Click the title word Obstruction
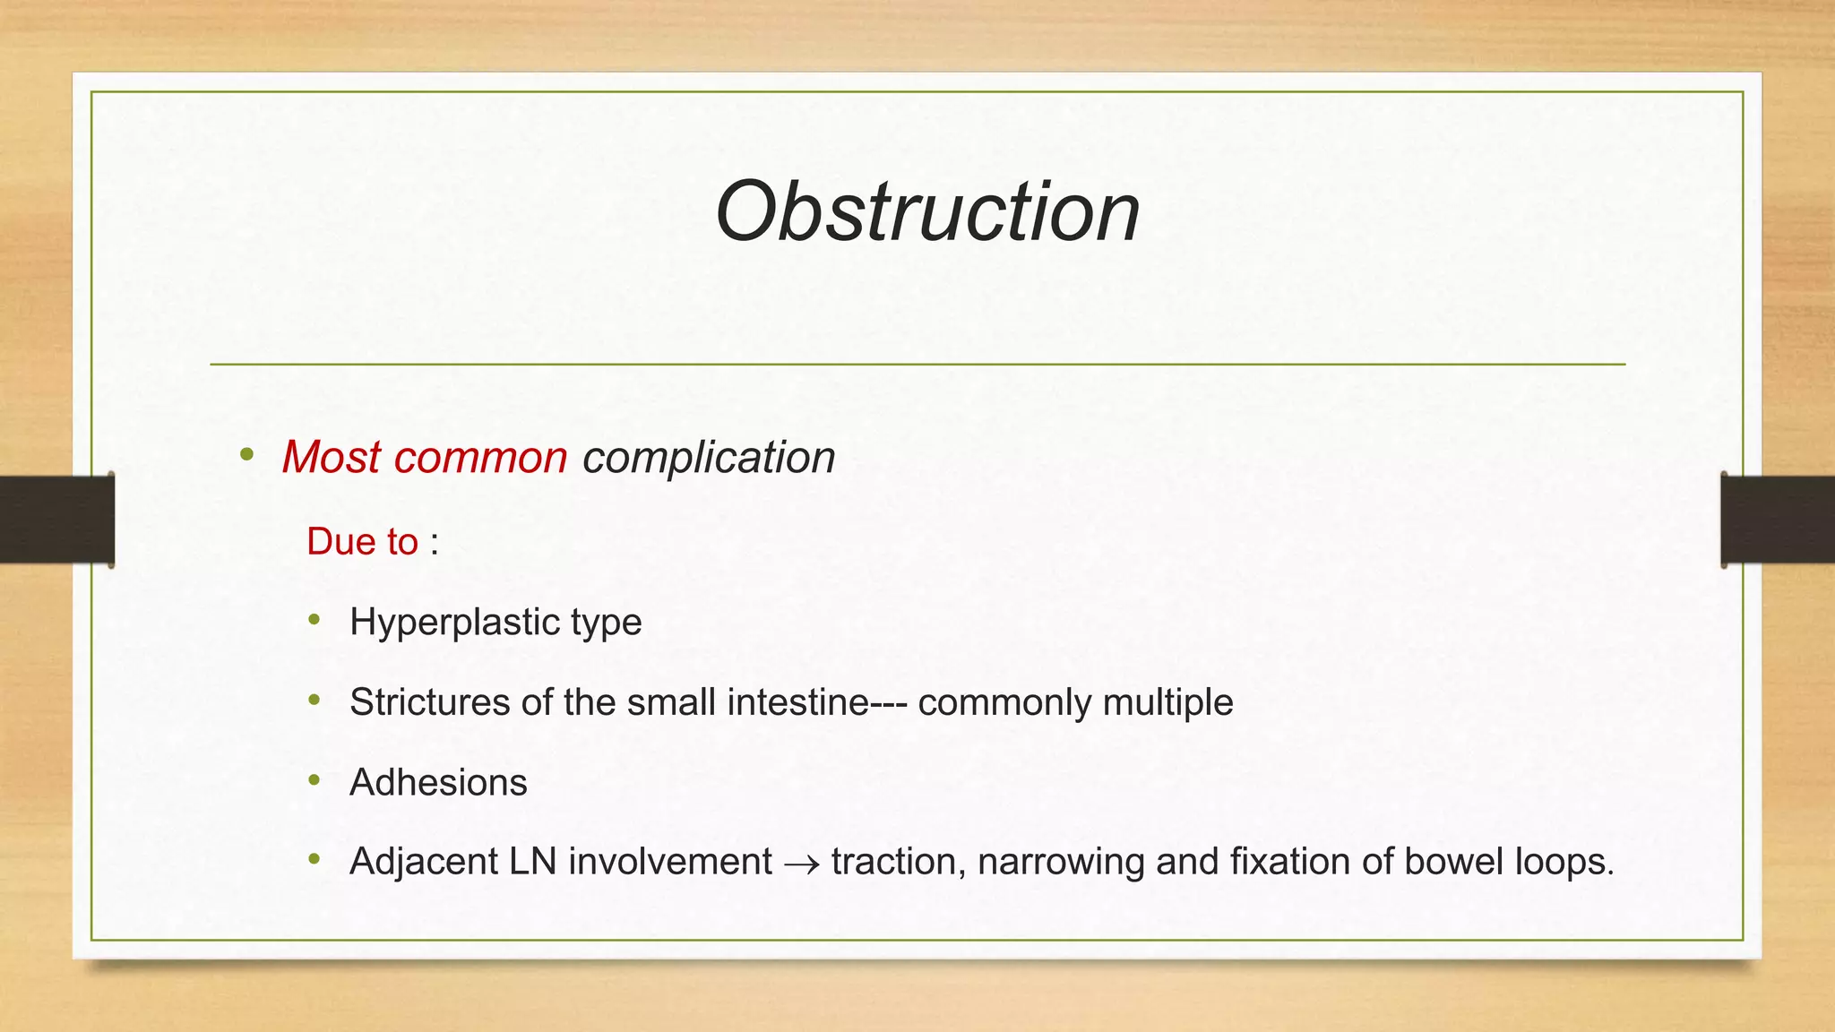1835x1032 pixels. click(x=927, y=211)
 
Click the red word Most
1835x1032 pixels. click(x=331, y=458)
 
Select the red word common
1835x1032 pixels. click(x=480, y=458)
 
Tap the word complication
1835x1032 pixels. click(x=709, y=458)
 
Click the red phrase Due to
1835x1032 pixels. click(x=362, y=542)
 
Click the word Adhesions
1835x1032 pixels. click(x=438, y=783)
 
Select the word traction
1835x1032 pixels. click(x=898, y=862)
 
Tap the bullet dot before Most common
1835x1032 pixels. click(x=247, y=455)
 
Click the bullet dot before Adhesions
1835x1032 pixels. click(x=314, y=780)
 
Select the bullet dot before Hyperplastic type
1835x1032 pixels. click(x=314, y=620)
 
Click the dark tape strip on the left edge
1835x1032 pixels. click(x=56, y=520)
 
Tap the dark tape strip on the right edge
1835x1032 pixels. click(x=1778, y=520)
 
